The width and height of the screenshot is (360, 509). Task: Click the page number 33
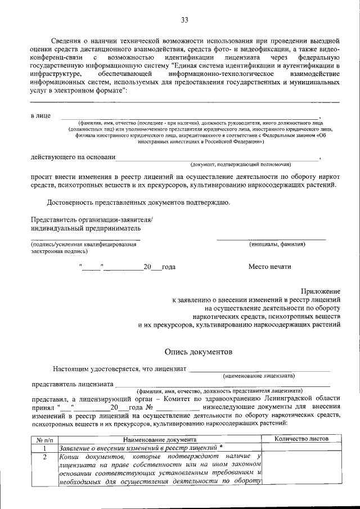point(184,21)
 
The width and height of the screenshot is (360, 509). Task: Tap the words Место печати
point(270,267)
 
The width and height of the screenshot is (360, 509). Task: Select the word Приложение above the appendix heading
point(321,291)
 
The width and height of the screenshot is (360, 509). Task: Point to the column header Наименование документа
point(160,439)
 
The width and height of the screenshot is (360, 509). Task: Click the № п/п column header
point(44,439)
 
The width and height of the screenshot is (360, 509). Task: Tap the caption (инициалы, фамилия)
point(277,245)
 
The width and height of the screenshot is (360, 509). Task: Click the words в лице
point(40,115)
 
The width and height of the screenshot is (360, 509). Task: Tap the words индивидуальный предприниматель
point(86,228)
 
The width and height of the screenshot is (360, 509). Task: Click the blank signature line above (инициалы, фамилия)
point(271,240)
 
